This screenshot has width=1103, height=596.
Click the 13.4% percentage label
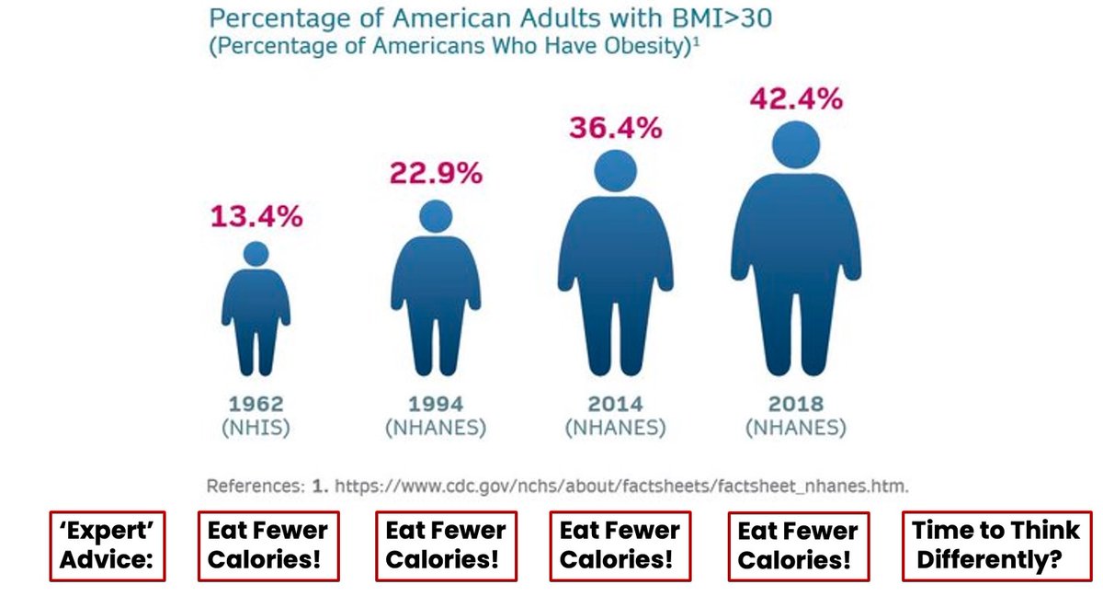[x=256, y=217]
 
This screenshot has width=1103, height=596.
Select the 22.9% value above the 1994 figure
[x=436, y=174]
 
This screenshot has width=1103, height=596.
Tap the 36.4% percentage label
[x=616, y=128]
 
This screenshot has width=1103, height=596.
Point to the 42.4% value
[x=796, y=98]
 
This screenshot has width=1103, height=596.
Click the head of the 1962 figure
[x=256, y=254]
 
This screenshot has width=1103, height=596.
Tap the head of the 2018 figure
[x=796, y=144]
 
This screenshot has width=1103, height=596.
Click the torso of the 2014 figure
[x=616, y=258]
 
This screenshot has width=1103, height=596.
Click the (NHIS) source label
[x=256, y=428]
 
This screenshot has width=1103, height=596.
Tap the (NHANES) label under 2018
[x=796, y=428]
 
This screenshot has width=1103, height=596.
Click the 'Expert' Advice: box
[x=107, y=546]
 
